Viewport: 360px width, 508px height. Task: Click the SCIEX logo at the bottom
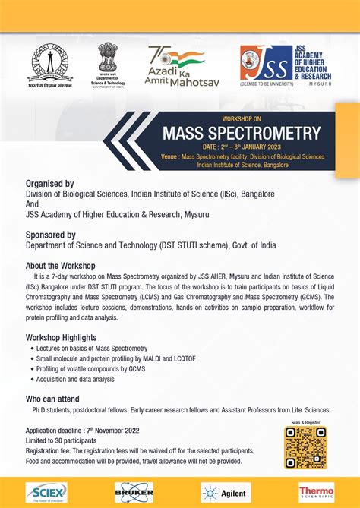pos(46,492)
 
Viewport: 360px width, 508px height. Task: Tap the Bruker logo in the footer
pos(134,492)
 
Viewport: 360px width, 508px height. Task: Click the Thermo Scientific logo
pos(316,492)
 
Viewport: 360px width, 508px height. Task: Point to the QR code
pos(305,447)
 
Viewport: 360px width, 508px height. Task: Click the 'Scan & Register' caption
pos(305,422)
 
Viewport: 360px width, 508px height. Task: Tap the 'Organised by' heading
pos(49,183)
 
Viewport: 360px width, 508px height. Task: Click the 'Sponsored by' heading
pos(51,235)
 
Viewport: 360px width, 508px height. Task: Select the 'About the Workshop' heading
pos(60,266)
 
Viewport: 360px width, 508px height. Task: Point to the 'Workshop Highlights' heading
pos(63,336)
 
